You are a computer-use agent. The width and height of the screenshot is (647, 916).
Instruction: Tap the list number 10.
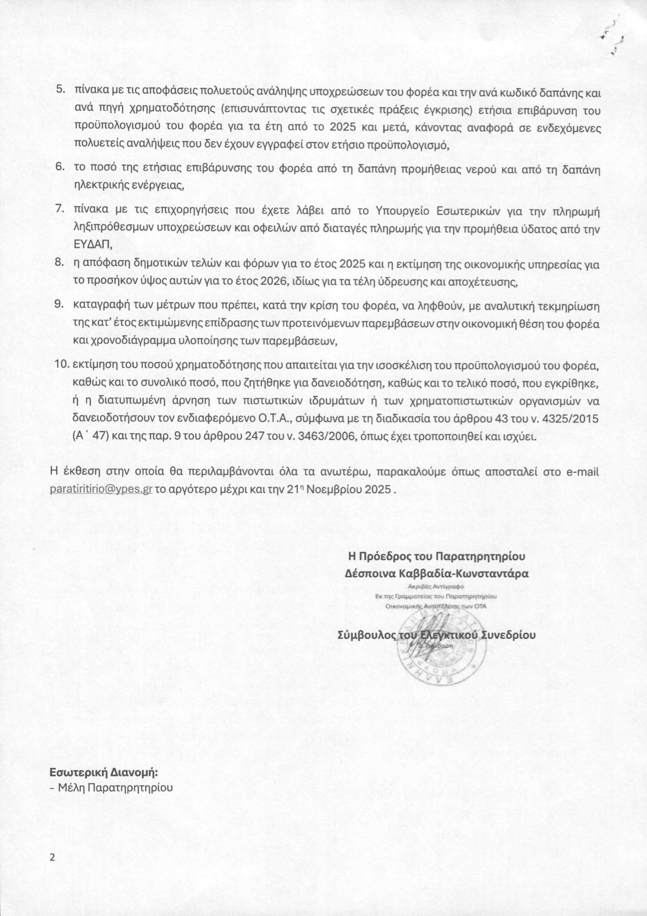(x=62, y=364)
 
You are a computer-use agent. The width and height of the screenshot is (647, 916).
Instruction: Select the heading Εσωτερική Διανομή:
(x=103, y=772)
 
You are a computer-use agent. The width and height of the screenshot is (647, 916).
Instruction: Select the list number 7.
(x=60, y=209)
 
